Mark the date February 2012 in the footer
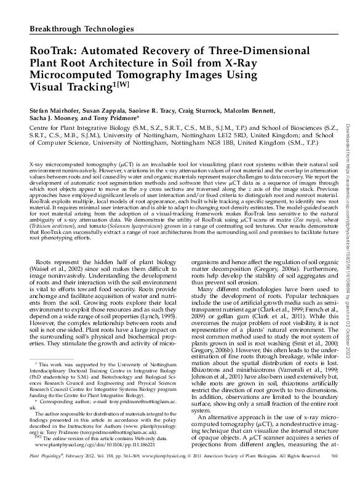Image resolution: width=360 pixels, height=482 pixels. click(73, 473)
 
